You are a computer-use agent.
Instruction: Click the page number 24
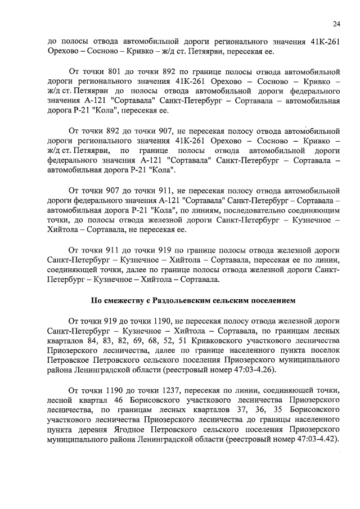tap(336, 23)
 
